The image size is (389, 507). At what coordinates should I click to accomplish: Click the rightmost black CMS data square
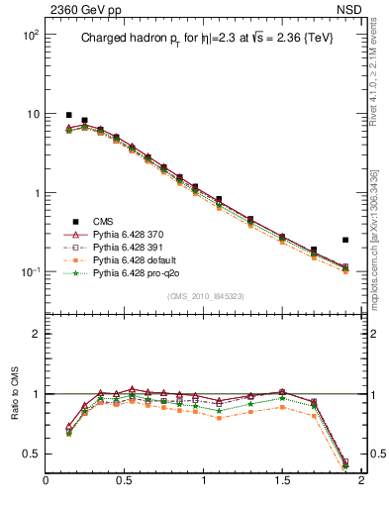(345, 240)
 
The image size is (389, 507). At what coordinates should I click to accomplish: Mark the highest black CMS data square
(68, 115)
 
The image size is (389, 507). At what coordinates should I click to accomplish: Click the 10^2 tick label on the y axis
(30, 35)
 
